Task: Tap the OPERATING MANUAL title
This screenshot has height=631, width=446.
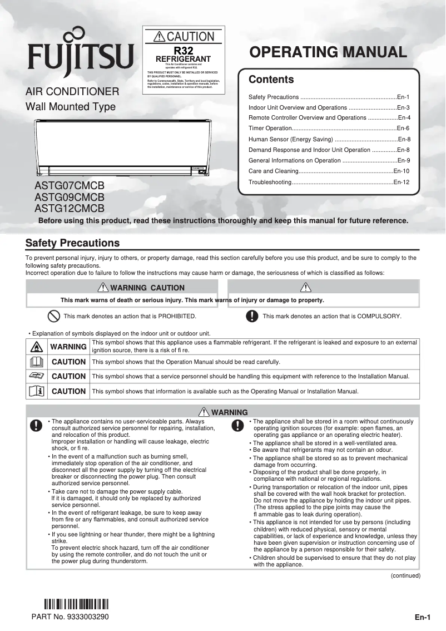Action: pyautogui.click(x=328, y=52)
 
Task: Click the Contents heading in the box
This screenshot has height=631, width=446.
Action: pyautogui.click(x=271, y=80)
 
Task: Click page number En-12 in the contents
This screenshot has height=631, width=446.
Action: pyautogui.click(x=401, y=182)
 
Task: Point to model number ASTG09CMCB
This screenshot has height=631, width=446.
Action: pyautogui.click(x=70, y=197)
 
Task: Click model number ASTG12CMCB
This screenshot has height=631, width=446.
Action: pyautogui.click(x=70, y=209)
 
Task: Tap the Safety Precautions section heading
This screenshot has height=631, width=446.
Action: pyautogui.click(x=73, y=243)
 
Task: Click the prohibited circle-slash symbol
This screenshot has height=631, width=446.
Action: pyautogui.click(x=53, y=316)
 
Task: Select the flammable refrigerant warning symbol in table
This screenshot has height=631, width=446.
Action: pyautogui.click(x=34, y=347)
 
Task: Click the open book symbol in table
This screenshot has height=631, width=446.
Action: pyautogui.click(x=34, y=362)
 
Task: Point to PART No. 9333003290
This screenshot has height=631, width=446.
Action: pyautogui.click(x=70, y=617)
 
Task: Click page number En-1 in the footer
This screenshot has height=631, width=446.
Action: pyautogui.click(x=422, y=618)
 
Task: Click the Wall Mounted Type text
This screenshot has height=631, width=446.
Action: pyautogui.click(x=71, y=107)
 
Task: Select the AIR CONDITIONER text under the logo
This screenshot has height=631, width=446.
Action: pyautogui.click(x=72, y=91)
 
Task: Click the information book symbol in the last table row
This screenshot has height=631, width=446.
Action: pyautogui.click(x=34, y=391)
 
